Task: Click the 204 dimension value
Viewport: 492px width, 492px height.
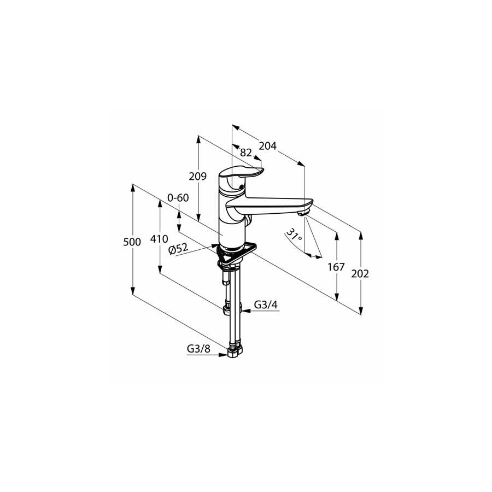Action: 267,146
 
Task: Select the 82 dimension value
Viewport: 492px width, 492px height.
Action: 246,153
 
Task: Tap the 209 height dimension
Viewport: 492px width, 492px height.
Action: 198,177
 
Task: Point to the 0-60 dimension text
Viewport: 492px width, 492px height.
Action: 178,198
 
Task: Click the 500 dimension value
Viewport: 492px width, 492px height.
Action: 132,242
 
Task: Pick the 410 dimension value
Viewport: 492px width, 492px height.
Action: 159,239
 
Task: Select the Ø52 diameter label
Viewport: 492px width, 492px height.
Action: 178,249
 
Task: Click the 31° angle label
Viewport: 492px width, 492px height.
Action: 294,235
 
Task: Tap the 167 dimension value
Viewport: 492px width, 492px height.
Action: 336,267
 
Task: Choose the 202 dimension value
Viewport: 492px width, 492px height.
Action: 360,274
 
